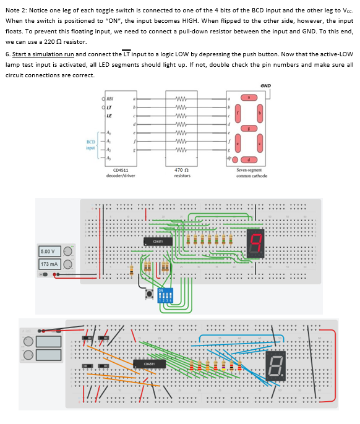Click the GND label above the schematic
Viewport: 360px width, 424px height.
pyautogui.click(x=265, y=85)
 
